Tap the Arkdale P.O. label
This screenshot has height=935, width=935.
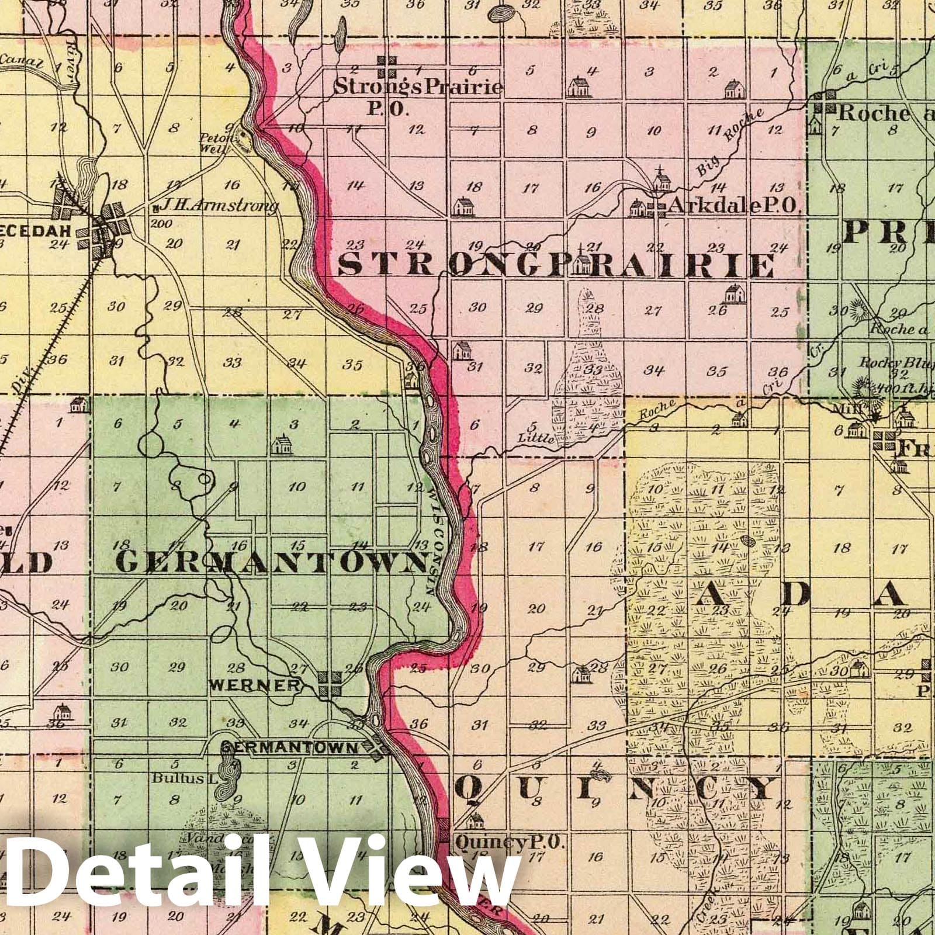click(733, 205)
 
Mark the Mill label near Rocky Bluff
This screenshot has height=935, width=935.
click(854, 410)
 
